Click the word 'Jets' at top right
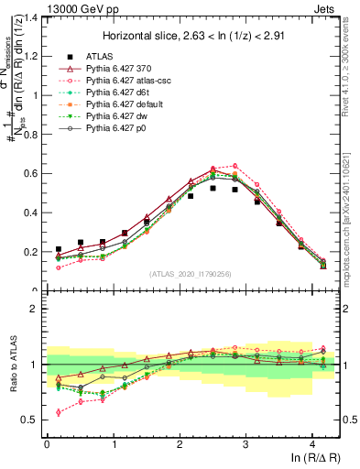[326, 6]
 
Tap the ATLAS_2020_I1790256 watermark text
[190, 273]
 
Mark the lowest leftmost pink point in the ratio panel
[59, 412]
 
